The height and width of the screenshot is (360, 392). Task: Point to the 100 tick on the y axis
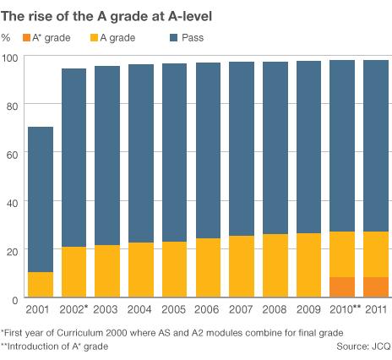tap(12, 56)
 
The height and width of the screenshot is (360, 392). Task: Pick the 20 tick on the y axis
tap(12, 251)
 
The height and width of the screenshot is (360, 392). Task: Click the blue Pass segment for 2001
tap(40, 199)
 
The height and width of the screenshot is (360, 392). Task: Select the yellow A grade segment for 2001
tap(40, 285)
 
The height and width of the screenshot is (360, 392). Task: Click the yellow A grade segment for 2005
tap(174, 270)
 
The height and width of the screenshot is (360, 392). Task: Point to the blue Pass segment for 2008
tap(275, 148)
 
